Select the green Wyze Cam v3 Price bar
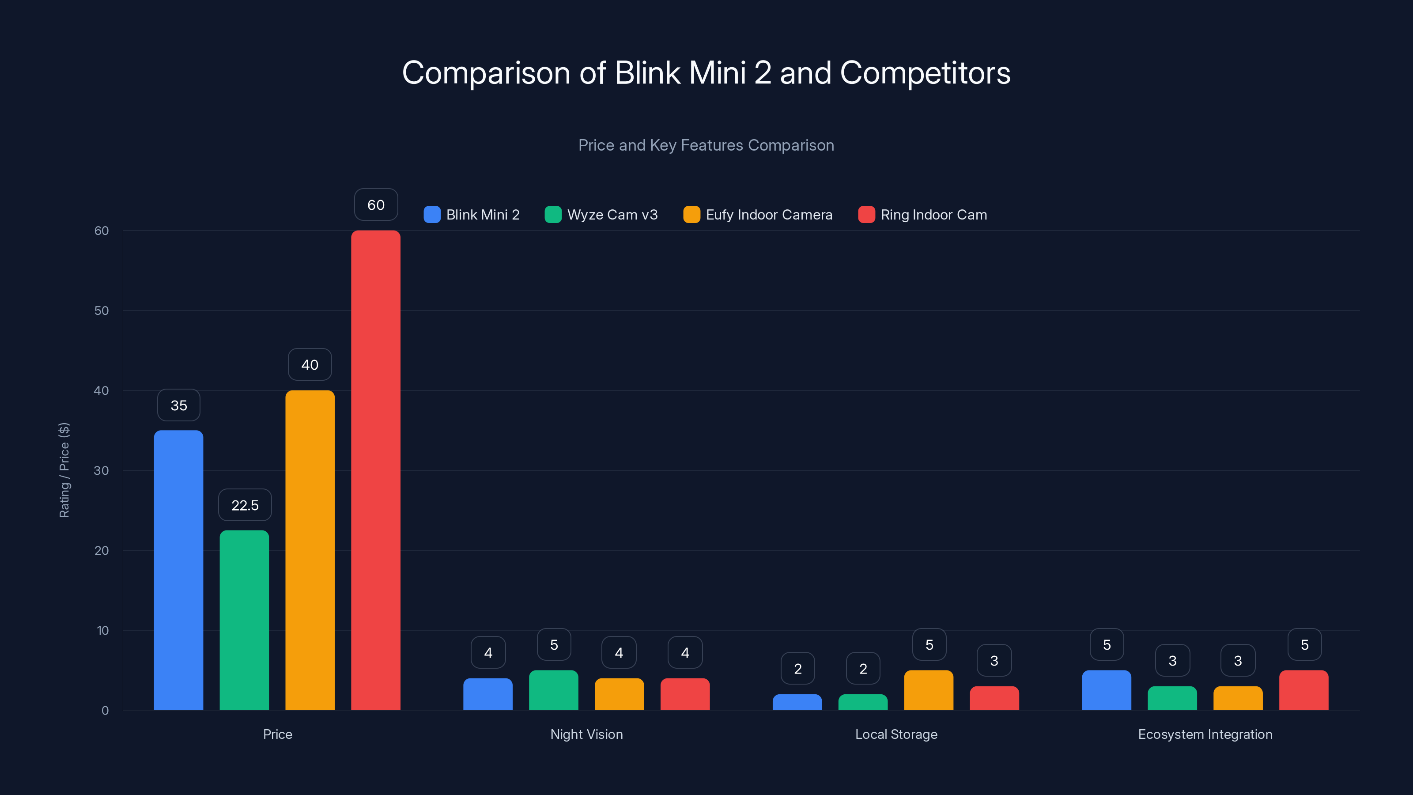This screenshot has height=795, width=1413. pos(244,620)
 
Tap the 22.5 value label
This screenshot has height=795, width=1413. pos(245,505)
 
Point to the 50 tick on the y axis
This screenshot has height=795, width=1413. pos(102,310)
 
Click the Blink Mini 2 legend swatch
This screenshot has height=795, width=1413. pos(432,215)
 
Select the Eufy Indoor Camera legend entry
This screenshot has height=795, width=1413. pos(768,215)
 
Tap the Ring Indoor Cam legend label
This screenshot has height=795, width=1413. pos(933,215)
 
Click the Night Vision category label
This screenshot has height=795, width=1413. pos(586,734)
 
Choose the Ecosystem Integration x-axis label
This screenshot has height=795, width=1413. pos(1205,734)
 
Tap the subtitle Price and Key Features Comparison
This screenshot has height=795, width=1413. pos(706,145)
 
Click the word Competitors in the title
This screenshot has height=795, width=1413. pos(925,73)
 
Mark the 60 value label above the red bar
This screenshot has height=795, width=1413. pos(376,204)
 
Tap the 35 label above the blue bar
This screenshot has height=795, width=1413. pos(179,405)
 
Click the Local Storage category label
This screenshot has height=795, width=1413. pos(896,734)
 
